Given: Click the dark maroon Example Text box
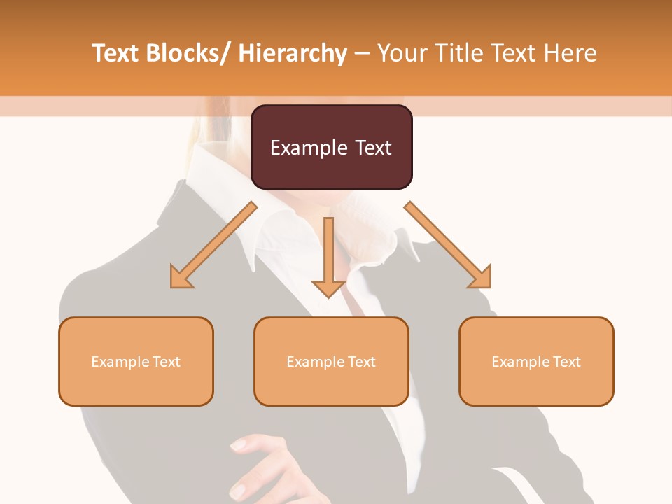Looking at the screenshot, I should [331, 147].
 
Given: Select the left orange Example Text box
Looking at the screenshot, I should [136, 361].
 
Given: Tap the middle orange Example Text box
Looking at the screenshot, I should [331, 361].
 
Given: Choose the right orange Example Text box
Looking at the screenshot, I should [536, 361].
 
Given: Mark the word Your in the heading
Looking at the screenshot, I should [402, 53].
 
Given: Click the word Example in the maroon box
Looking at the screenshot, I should [309, 148].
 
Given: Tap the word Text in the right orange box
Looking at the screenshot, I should [566, 361].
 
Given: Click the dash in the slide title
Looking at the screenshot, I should [363, 53].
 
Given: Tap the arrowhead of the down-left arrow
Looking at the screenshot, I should [181, 278].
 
